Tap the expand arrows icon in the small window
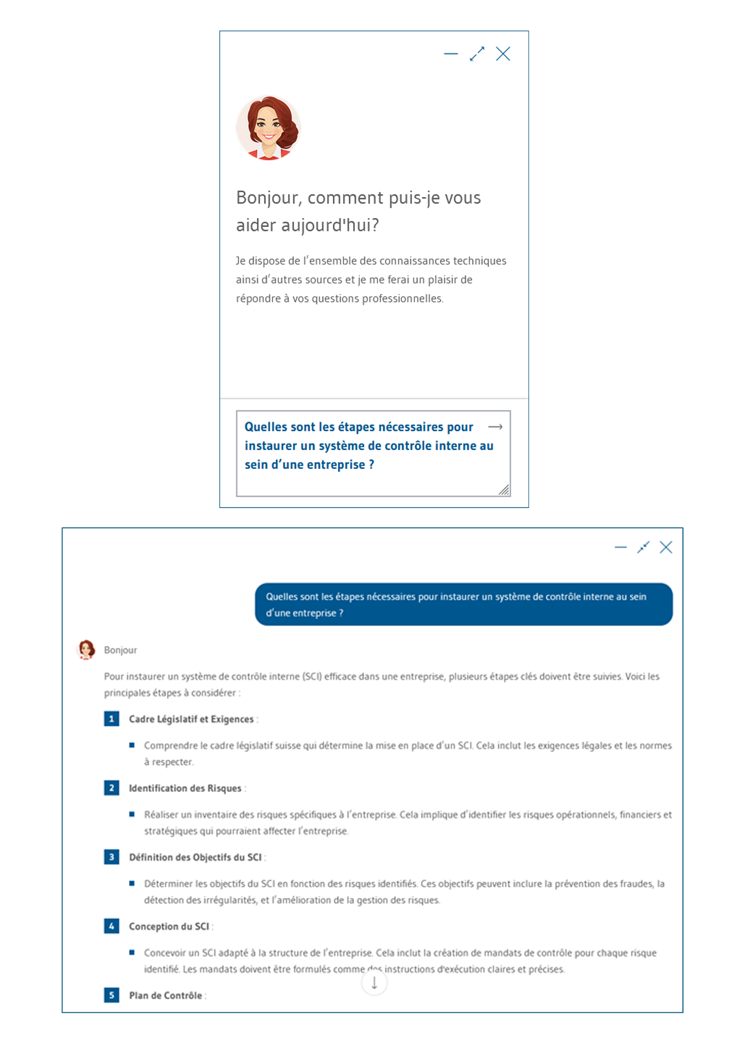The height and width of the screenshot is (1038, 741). pyautogui.click(x=477, y=54)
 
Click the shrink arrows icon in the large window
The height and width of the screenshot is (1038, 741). pyautogui.click(x=643, y=547)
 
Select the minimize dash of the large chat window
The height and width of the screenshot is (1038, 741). pyautogui.click(x=621, y=547)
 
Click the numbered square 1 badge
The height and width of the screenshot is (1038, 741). pyautogui.click(x=111, y=719)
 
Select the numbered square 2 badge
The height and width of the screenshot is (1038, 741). pyautogui.click(x=111, y=788)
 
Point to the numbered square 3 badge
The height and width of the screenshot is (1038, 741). pyautogui.click(x=111, y=857)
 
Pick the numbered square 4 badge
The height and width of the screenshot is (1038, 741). pyautogui.click(x=111, y=926)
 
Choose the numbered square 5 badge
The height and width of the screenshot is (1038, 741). pyautogui.click(x=111, y=995)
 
